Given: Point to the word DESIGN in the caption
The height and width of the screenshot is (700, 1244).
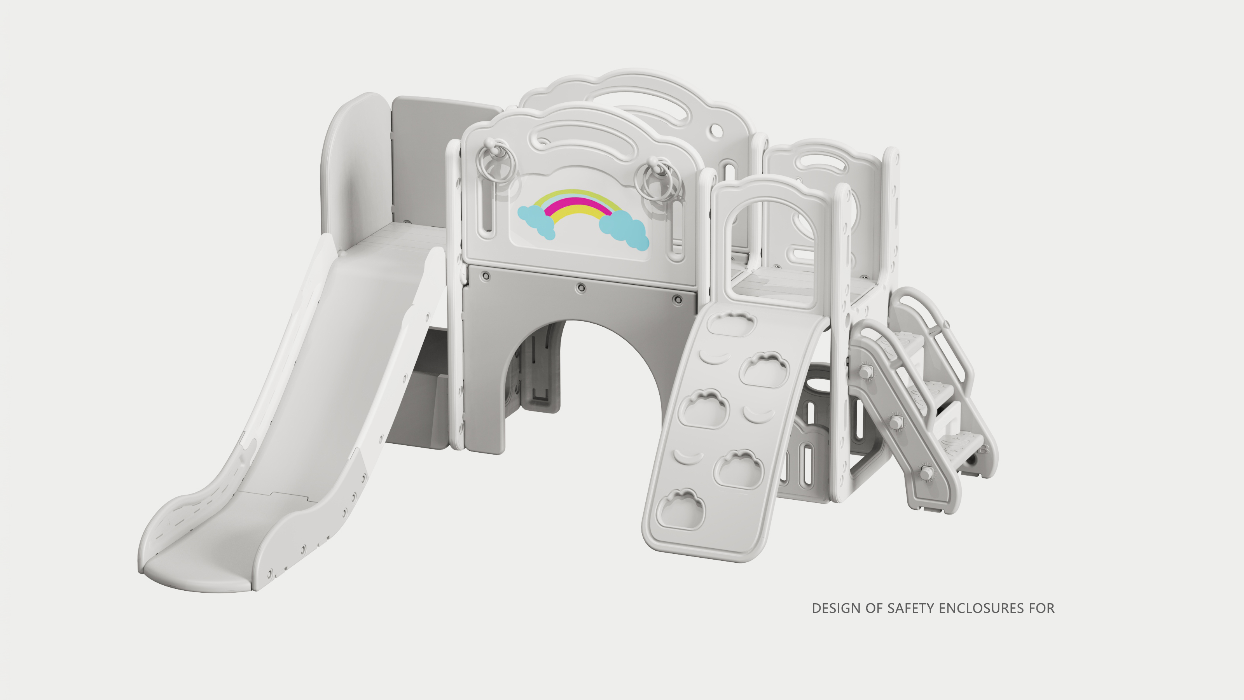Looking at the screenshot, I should [837, 608].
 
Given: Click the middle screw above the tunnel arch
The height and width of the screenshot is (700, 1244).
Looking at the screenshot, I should [582, 288].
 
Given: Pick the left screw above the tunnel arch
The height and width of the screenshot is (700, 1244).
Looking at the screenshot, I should [486, 276].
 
